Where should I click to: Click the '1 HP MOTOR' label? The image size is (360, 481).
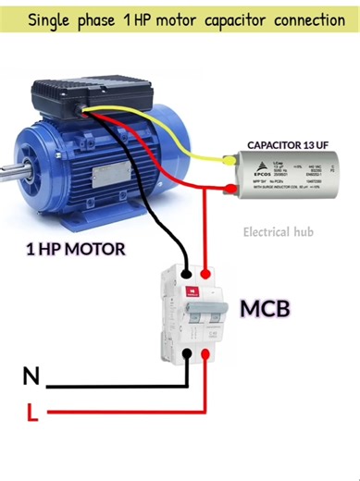[75, 249]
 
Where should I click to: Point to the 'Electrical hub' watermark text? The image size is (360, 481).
[279, 232]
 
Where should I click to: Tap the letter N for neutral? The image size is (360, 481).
[31, 376]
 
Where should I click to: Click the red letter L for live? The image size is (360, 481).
[32, 412]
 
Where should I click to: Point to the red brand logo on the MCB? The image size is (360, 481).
[191, 291]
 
